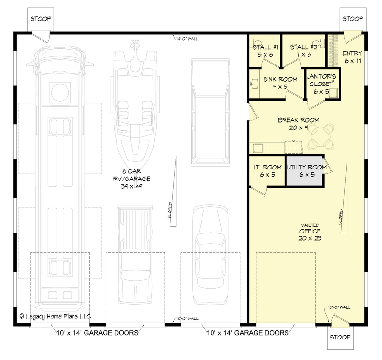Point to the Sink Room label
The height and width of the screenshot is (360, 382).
tap(281, 83)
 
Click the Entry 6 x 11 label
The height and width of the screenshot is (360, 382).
tap(352, 57)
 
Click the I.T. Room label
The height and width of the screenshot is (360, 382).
tap(266, 171)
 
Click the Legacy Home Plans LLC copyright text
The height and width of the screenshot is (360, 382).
tap(55, 316)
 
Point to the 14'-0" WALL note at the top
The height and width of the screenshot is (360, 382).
tap(187, 39)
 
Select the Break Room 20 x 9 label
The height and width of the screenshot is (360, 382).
tap(298, 124)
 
